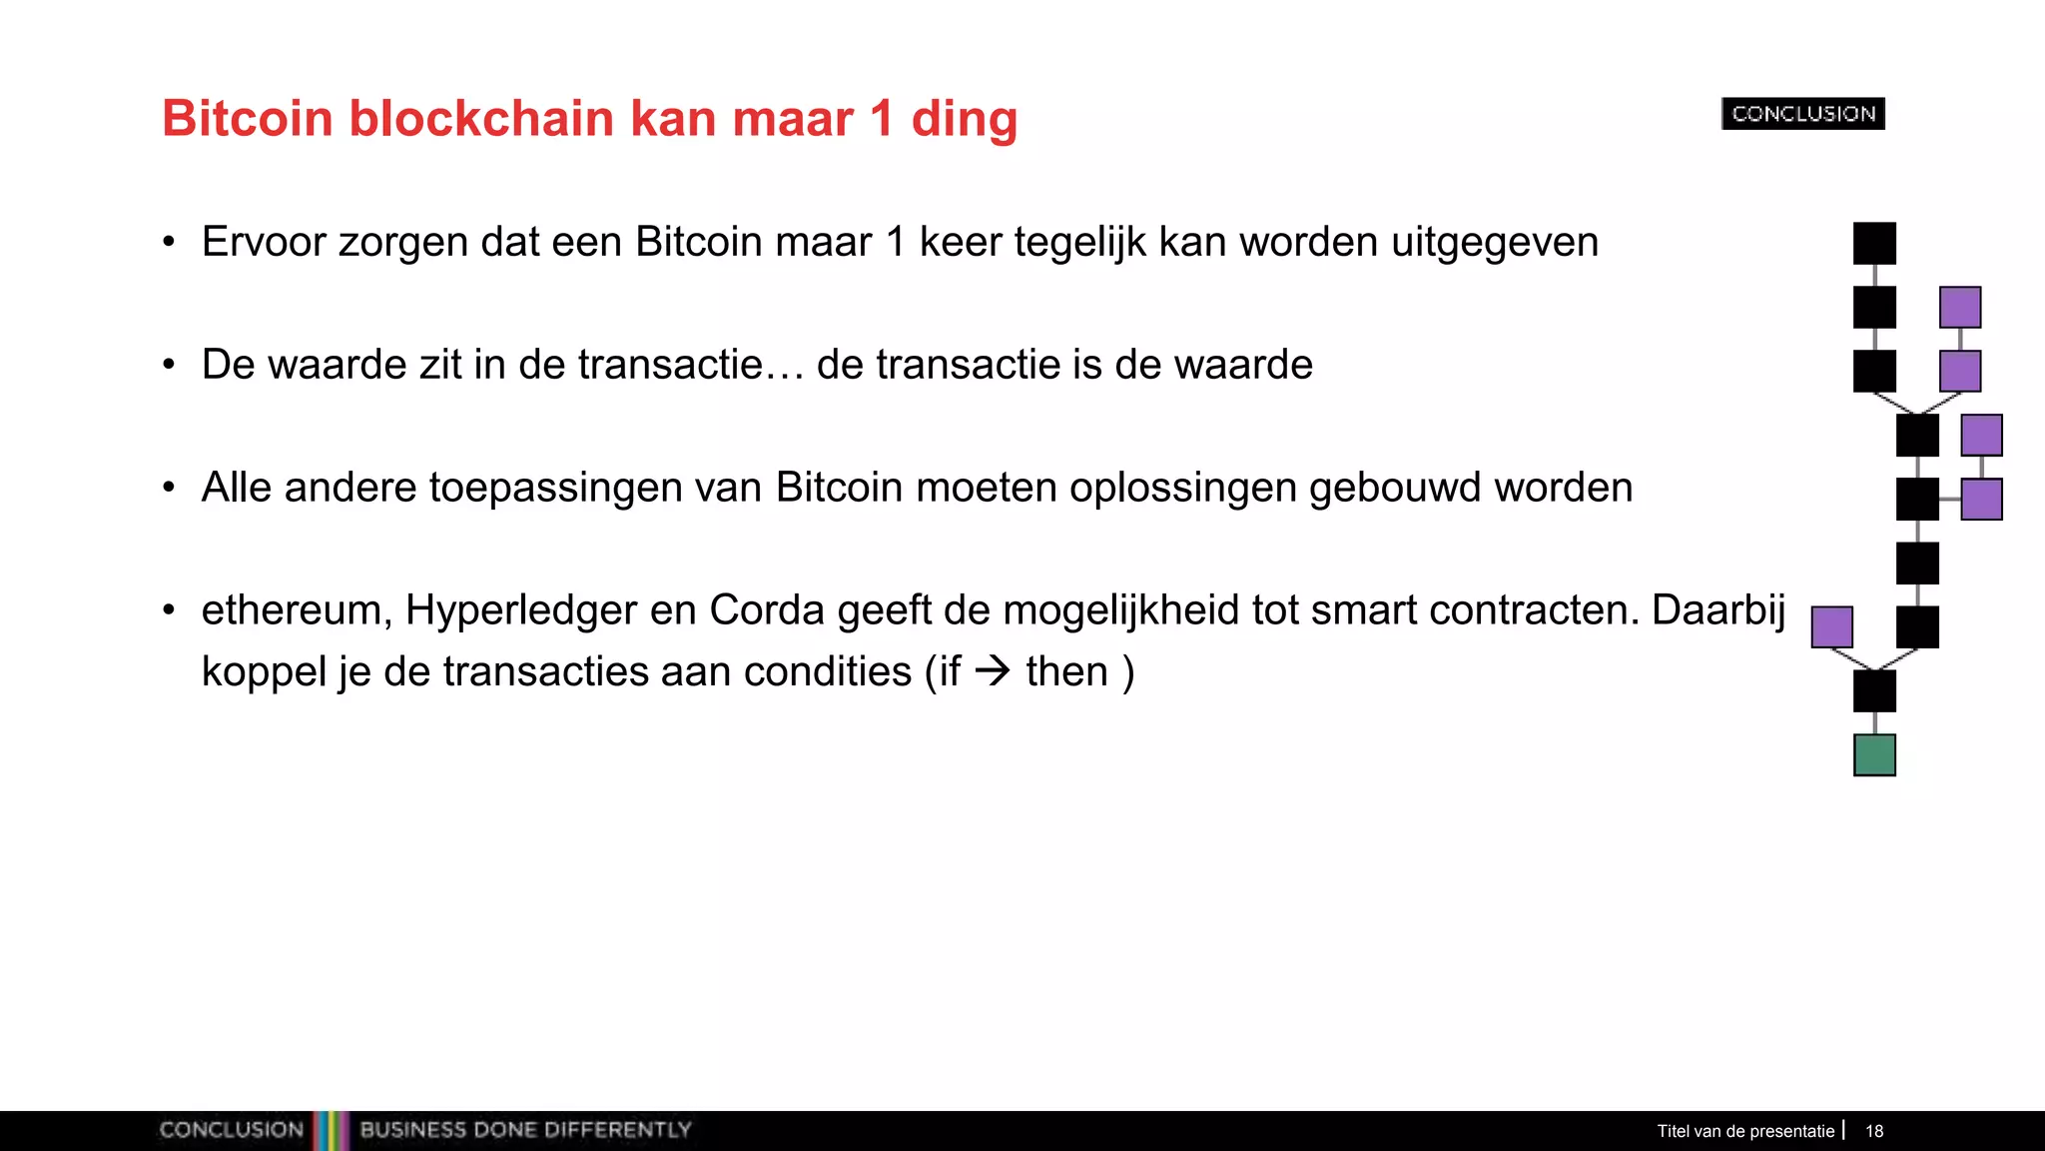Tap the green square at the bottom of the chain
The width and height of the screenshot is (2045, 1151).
coord(1874,755)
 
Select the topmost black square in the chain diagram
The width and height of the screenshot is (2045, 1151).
coord(1874,243)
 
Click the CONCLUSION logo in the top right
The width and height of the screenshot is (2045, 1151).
coord(1803,114)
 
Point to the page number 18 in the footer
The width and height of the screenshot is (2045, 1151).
coord(1874,1131)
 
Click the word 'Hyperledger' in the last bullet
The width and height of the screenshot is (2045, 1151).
coord(520,609)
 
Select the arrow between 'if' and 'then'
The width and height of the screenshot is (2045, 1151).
coord(993,670)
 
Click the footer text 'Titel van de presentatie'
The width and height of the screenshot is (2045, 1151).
coord(1745,1131)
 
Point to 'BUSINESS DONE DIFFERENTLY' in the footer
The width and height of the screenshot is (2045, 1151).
coord(525,1130)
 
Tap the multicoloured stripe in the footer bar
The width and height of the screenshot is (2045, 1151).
coord(331,1130)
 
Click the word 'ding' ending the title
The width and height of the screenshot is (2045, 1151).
coord(965,120)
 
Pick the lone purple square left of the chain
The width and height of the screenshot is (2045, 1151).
coord(1831,627)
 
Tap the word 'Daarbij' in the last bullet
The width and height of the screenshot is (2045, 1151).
coord(1718,609)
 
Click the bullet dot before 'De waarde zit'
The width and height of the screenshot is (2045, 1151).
coord(170,365)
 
